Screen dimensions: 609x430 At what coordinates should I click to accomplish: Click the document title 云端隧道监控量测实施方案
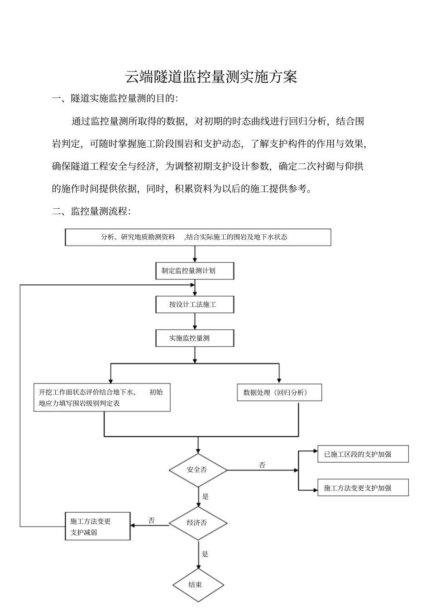tap(211, 77)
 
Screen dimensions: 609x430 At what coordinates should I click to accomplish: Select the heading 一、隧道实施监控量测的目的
tap(115, 99)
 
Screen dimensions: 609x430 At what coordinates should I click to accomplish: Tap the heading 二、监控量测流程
tap(91, 211)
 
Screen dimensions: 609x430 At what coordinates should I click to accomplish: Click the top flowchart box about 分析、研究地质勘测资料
tap(198, 237)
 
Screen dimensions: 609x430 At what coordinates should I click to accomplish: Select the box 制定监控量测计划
tap(195, 271)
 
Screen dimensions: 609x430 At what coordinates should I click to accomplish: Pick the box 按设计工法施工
tap(195, 305)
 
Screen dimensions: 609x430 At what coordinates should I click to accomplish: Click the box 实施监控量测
tap(195, 338)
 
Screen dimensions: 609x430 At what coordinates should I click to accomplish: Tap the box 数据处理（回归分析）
tap(279, 393)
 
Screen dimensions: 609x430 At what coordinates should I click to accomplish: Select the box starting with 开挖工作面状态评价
tap(102, 398)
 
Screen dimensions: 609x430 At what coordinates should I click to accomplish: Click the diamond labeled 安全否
tap(198, 470)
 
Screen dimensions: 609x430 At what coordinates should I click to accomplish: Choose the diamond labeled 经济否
tap(198, 523)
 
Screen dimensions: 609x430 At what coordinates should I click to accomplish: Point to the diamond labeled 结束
tap(198, 585)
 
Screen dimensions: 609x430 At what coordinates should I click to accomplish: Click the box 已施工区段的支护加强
tap(363, 454)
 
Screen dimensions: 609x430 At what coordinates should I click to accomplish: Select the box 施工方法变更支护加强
tap(363, 488)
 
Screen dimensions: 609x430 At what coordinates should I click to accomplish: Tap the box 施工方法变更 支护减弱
tap(98, 527)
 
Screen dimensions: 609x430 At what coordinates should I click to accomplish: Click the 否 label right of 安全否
tap(262, 465)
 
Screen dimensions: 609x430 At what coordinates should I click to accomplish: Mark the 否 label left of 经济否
tap(152, 521)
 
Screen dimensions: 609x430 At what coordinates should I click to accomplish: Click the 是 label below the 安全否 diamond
tap(205, 497)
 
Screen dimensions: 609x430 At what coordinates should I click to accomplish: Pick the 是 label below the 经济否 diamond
tap(205, 554)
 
